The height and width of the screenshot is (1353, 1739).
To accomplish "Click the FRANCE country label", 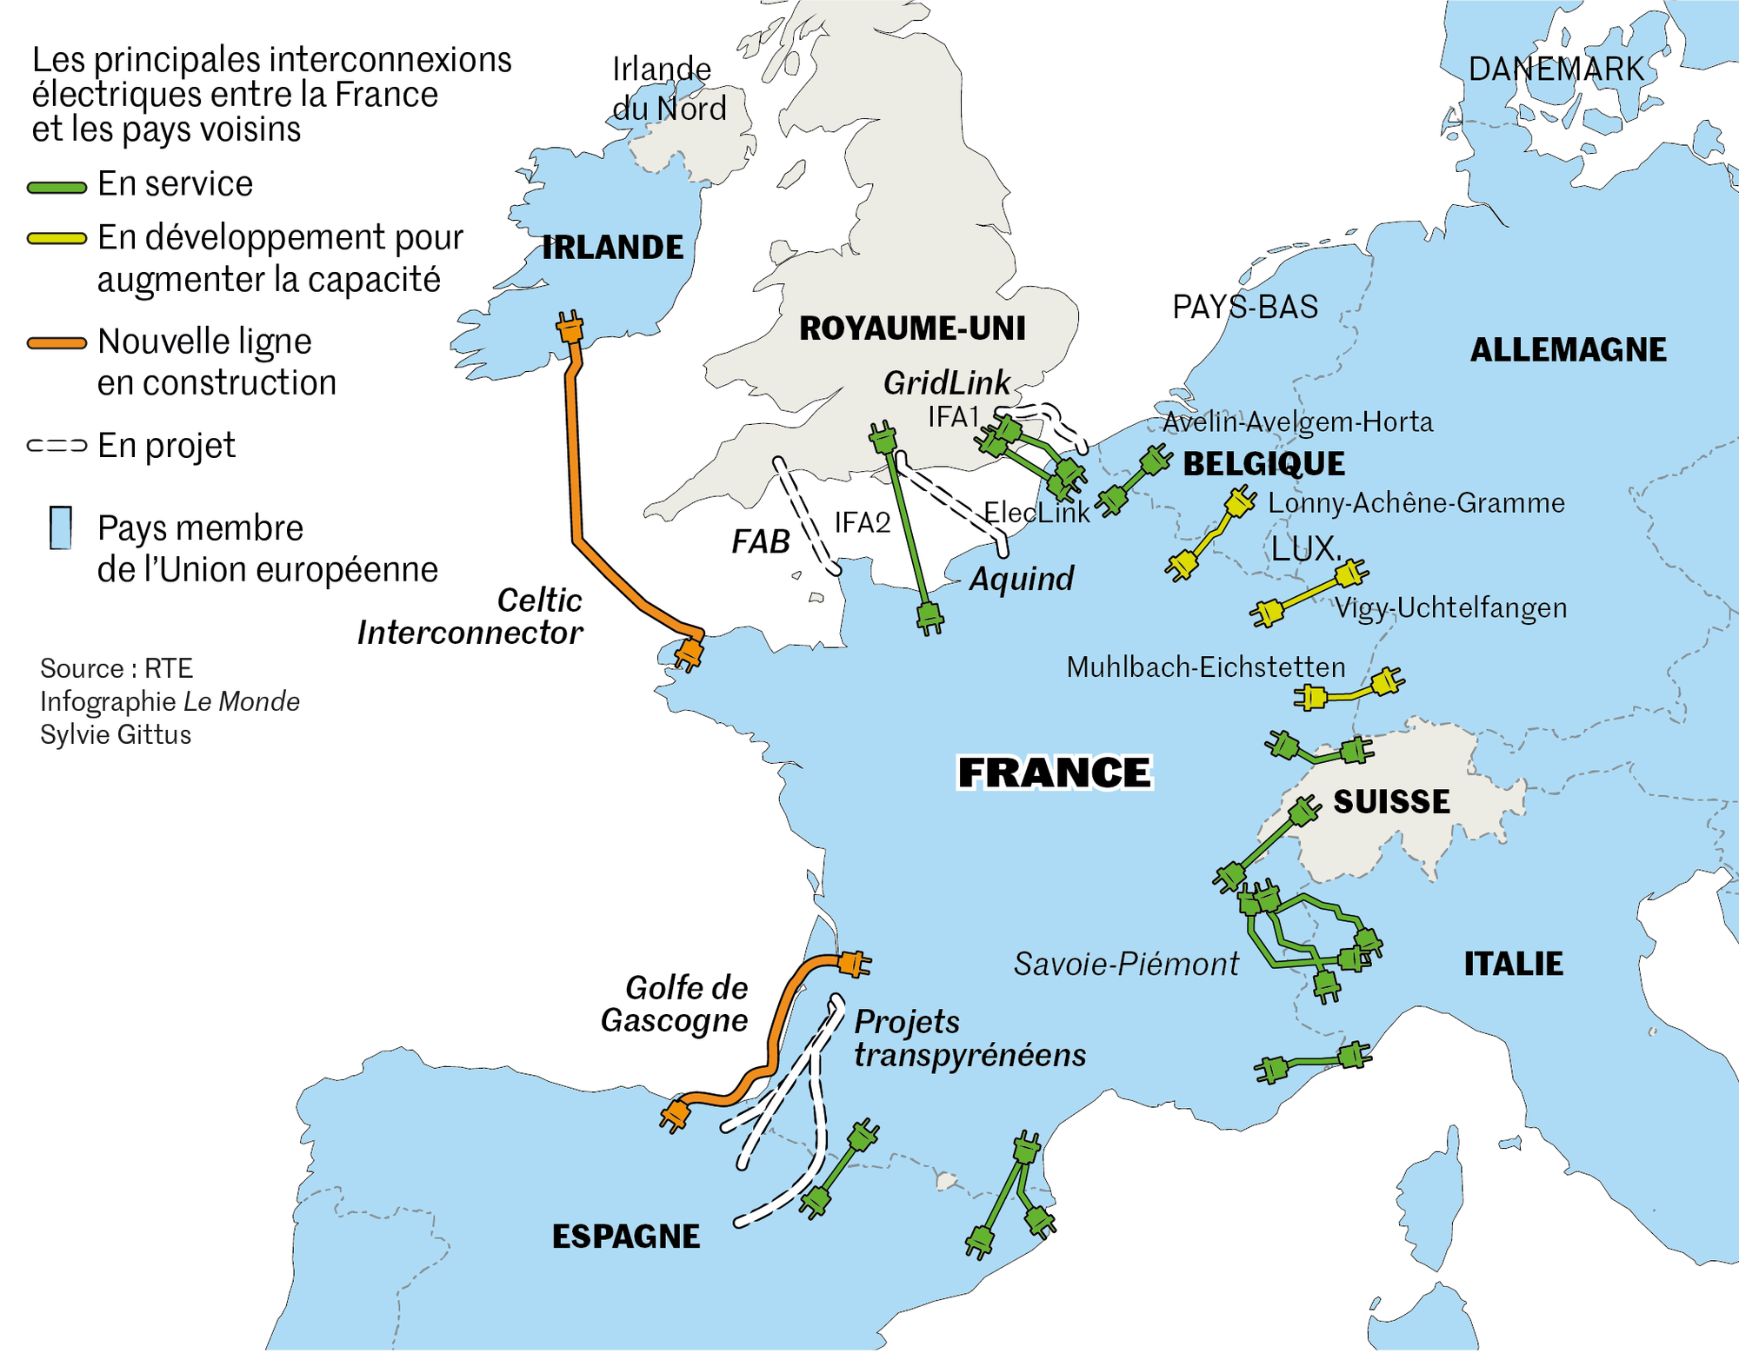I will pyautogui.click(x=1054, y=773).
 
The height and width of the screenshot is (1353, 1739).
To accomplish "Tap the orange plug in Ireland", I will pyautogui.click(x=570, y=328).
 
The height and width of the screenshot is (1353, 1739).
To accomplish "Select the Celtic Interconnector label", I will pyautogui.click(x=470, y=617).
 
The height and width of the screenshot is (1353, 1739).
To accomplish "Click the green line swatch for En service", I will pyautogui.click(x=57, y=187).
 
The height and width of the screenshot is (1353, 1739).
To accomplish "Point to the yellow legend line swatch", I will pyautogui.click(x=57, y=239).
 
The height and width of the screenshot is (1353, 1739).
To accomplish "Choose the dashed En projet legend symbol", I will pyautogui.click(x=57, y=446).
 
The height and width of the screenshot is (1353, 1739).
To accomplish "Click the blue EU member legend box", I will pyautogui.click(x=61, y=527).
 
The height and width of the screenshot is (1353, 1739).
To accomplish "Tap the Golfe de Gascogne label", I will pyautogui.click(x=675, y=1004).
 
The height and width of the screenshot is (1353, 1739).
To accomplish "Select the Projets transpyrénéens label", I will pyautogui.click(x=969, y=1038).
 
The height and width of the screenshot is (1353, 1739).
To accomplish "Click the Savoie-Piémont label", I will pyautogui.click(x=1126, y=964).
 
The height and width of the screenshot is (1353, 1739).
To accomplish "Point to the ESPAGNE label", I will pyautogui.click(x=625, y=1237).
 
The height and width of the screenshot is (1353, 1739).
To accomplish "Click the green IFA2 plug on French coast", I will pyautogui.click(x=929, y=618).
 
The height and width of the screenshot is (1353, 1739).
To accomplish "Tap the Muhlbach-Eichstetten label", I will pyautogui.click(x=1205, y=667).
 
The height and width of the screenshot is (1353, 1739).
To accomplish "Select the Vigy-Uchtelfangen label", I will pyautogui.click(x=1450, y=607).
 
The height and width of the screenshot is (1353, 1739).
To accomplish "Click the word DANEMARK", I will pyautogui.click(x=1556, y=70).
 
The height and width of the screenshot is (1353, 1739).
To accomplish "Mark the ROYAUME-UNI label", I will pyautogui.click(x=912, y=328).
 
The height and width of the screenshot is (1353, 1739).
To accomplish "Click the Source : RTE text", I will pyautogui.click(x=117, y=668).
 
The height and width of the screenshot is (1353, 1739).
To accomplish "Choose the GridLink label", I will pyautogui.click(x=946, y=382).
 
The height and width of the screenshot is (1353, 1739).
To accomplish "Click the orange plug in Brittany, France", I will pyautogui.click(x=689, y=653).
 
